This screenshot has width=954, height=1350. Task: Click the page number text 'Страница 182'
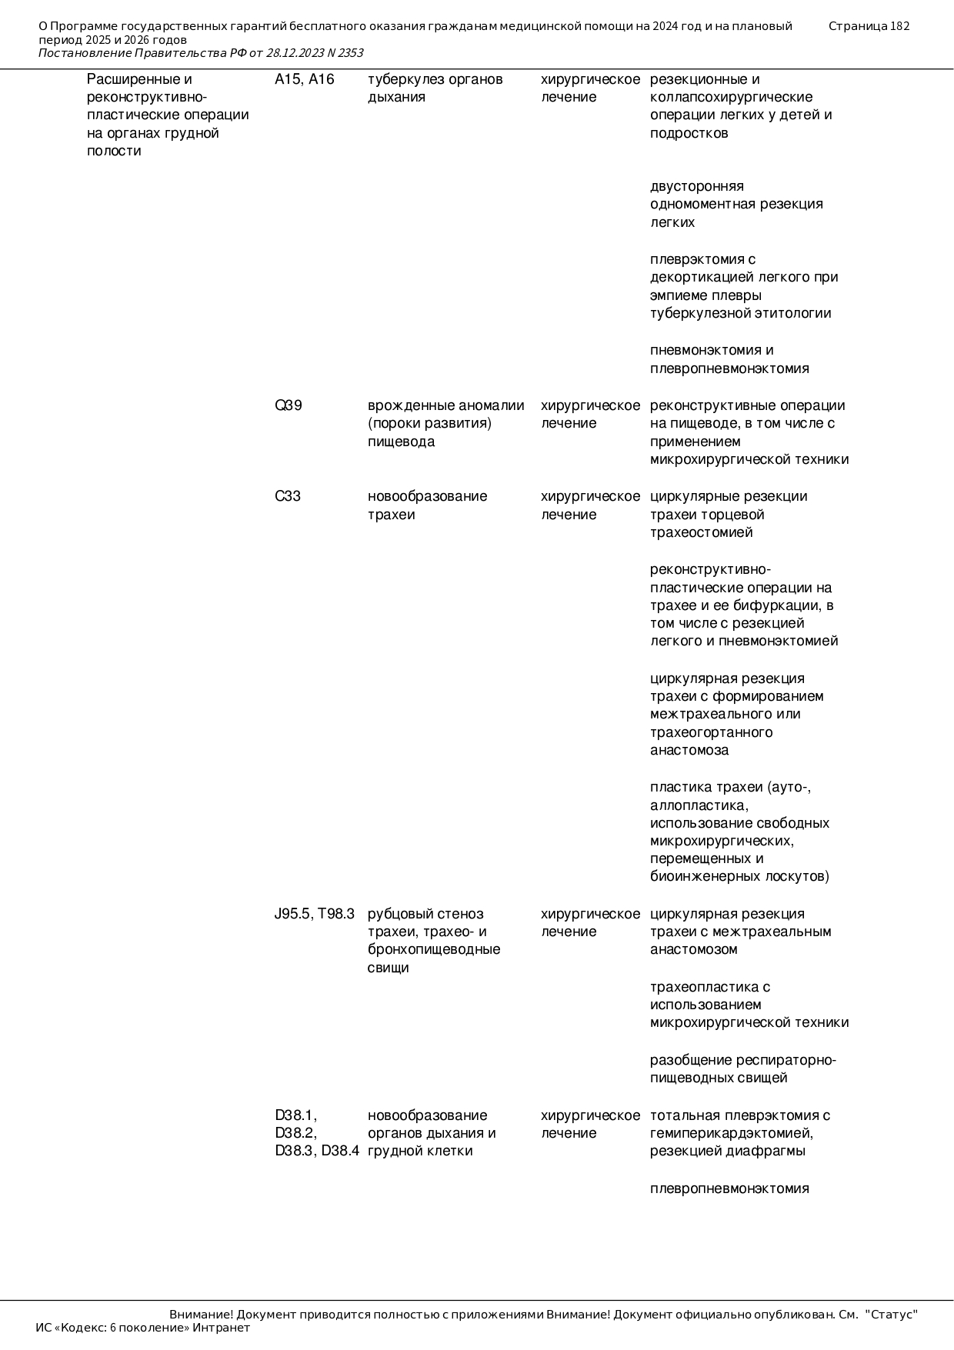click(869, 26)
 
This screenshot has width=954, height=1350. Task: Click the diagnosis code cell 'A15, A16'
click(304, 79)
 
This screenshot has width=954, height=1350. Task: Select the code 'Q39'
click(288, 405)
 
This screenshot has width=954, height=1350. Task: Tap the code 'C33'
click(287, 496)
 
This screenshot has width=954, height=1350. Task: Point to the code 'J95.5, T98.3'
click(314, 914)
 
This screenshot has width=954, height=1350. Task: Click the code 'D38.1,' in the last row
click(295, 1115)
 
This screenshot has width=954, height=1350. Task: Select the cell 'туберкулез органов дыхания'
click(435, 88)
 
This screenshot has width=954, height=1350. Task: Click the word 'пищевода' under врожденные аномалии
click(401, 442)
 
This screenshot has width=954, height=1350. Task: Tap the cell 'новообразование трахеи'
click(427, 505)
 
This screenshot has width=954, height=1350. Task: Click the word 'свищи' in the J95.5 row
click(388, 968)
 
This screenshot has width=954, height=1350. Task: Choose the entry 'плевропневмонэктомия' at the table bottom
click(729, 1188)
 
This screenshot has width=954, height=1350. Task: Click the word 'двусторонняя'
click(696, 186)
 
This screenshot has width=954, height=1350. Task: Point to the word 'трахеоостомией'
click(701, 532)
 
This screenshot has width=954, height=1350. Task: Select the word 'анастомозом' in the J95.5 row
click(693, 949)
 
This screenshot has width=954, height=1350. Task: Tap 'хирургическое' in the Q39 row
click(590, 405)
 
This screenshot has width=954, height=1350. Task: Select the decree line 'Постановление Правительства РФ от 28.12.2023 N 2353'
click(200, 53)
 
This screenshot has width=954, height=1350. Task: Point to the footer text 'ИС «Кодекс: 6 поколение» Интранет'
click(142, 1328)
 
